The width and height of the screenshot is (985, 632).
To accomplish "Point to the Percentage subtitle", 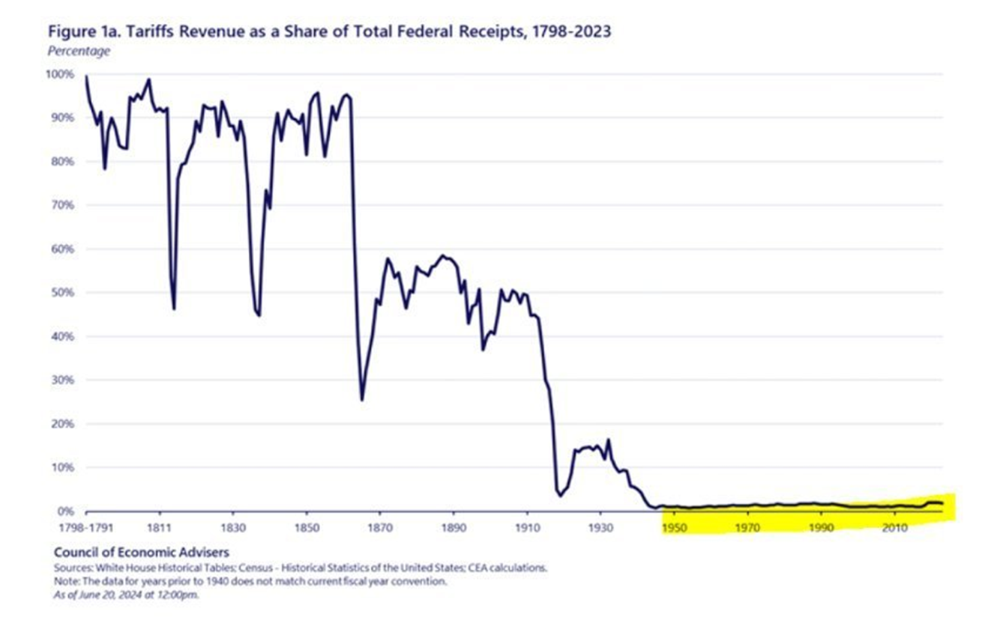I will click(x=79, y=52).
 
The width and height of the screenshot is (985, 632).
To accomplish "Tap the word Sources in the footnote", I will click(x=72, y=568).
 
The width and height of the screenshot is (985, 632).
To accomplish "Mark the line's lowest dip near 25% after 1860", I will click(x=362, y=400).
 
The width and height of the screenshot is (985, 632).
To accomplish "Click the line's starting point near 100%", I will click(x=86, y=76).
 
